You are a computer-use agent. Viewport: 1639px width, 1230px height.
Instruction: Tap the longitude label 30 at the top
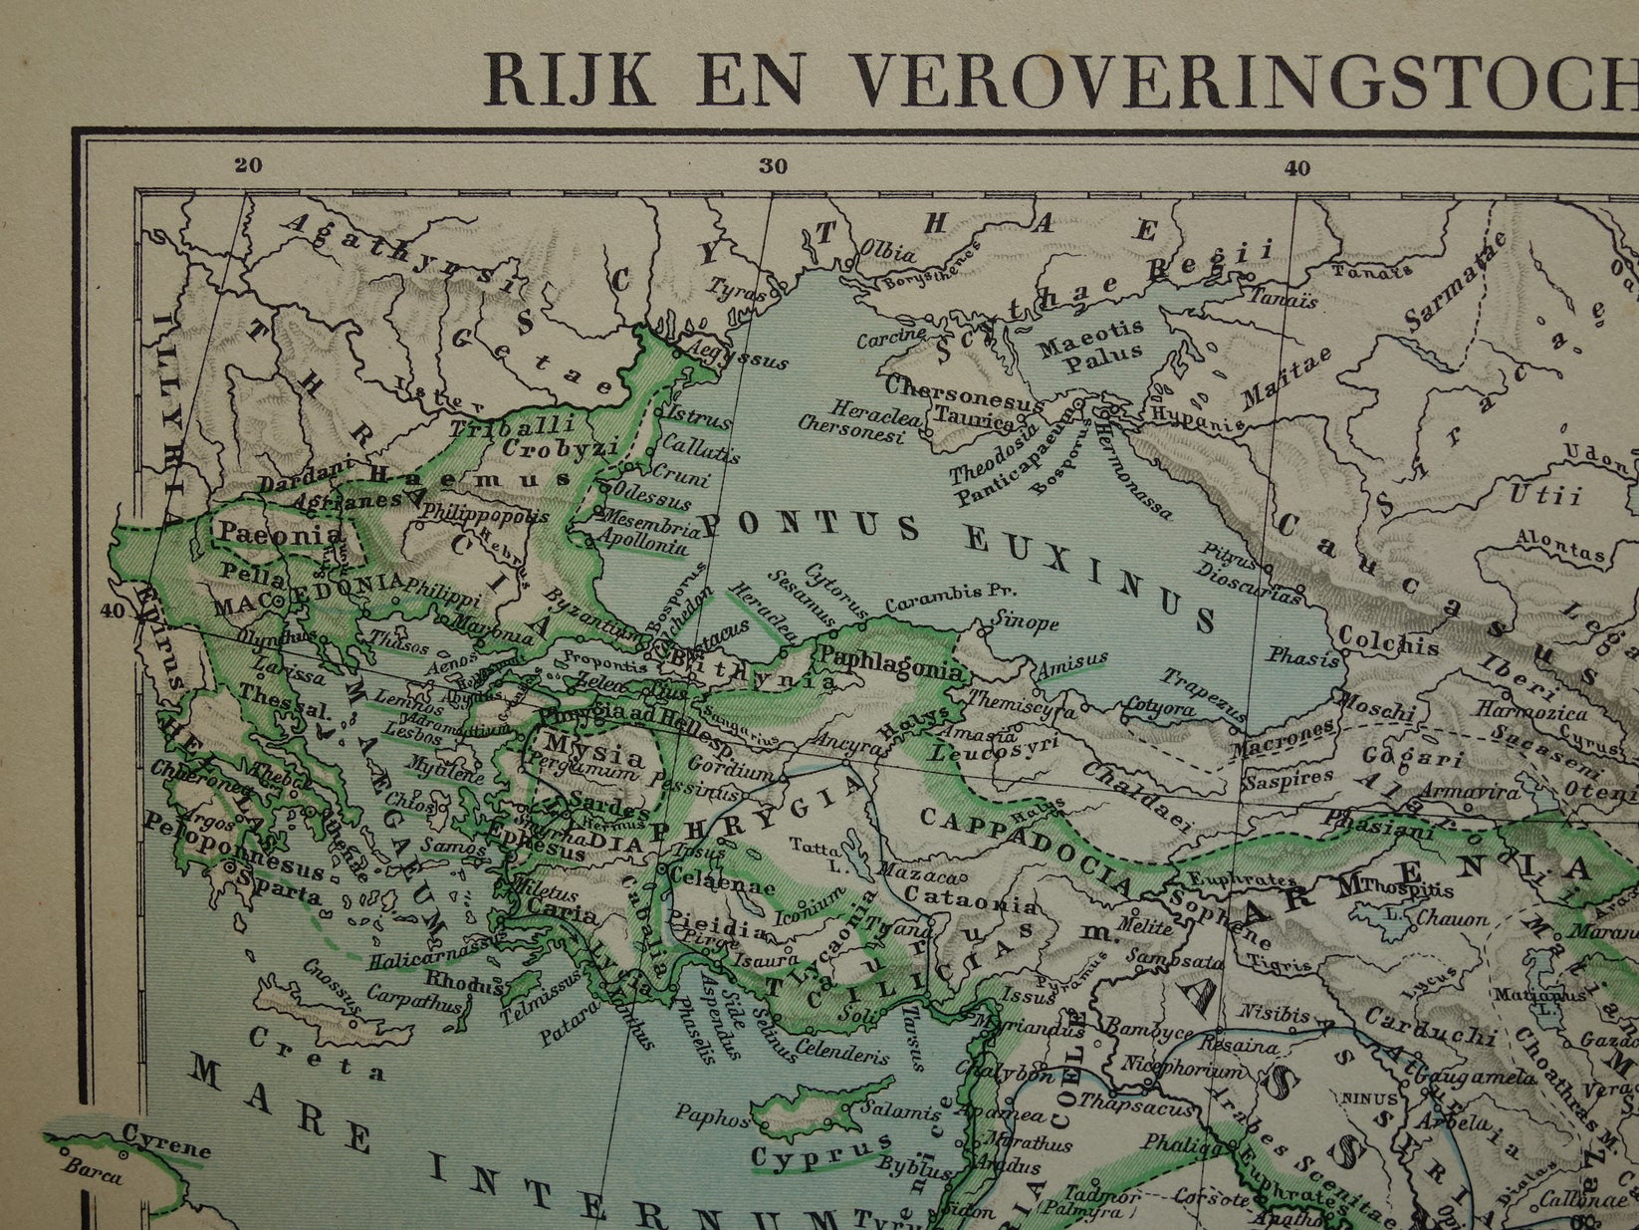click(x=773, y=167)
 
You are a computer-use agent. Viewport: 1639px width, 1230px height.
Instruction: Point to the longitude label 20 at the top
click(x=249, y=166)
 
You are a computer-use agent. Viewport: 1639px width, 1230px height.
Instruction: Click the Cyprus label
click(x=808, y=1156)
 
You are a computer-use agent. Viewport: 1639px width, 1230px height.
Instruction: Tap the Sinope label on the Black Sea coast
click(x=1026, y=623)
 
